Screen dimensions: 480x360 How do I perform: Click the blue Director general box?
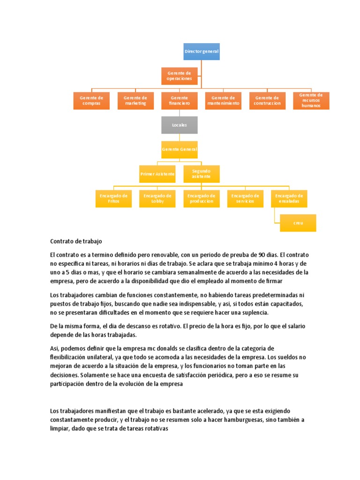tap(202, 52)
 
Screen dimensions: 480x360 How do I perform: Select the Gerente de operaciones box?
tap(179, 75)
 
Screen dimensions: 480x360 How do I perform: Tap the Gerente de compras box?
tap(91, 100)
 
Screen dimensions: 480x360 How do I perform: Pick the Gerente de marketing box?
tap(135, 100)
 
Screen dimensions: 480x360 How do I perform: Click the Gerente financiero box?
tap(180, 100)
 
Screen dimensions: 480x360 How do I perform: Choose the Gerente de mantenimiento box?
tap(223, 100)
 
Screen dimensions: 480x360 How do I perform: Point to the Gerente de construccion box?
tap(267, 100)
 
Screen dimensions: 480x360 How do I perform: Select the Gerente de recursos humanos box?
tap(311, 100)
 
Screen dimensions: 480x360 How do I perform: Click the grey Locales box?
tap(180, 125)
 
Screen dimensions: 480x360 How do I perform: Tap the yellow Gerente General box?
tap(180, 150)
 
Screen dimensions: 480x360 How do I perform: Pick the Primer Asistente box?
tap(157, 174)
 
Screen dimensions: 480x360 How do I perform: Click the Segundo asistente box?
tap(202, 174)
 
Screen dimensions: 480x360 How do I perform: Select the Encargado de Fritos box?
tap(113, 198)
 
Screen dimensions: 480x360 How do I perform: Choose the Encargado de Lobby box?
tap(157, 198)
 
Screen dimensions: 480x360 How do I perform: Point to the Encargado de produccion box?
tap(202, 198)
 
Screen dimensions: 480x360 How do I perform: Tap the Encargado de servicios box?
tap(245, 198)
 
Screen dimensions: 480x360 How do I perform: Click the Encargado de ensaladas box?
tap(289, 198)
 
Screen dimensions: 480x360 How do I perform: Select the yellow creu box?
tap(298, 223)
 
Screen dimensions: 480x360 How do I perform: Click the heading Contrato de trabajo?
tap(76, 241)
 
